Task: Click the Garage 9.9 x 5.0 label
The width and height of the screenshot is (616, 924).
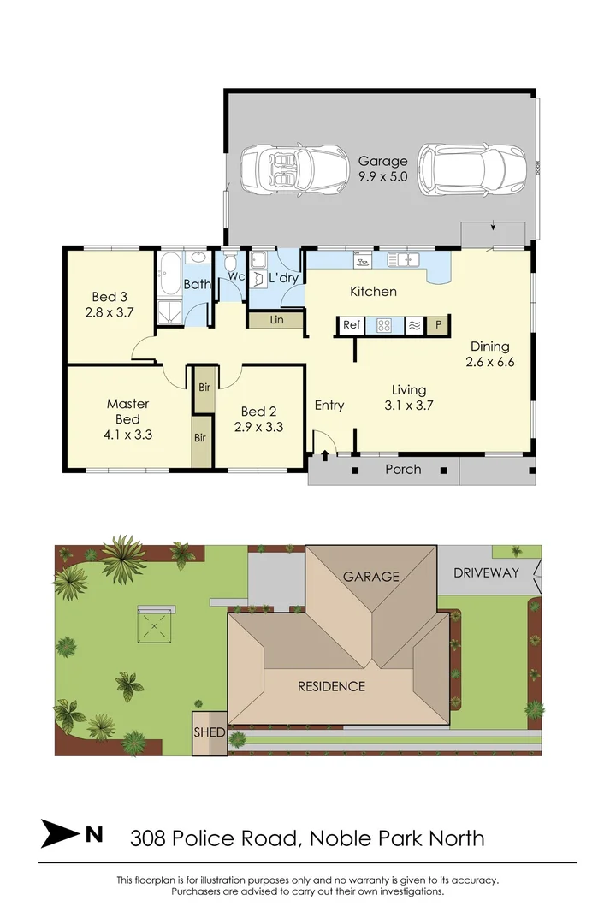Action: click(x=382, y=170)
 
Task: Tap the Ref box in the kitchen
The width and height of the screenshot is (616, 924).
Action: click(x=352, y=325)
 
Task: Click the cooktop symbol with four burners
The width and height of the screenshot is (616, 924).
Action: click(x=384, y=325)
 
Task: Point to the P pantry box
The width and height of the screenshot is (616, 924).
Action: click(x=438, y=325)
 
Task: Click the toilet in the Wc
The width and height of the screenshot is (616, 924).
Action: click(x=229, y=266)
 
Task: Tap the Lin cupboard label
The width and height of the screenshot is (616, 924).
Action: click(x=275, y=320)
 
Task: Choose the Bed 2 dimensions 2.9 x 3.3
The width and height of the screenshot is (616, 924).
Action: click(x=258, y=427)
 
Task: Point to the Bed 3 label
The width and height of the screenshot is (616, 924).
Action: click(x=109, y=297)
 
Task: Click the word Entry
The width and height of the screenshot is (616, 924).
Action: click(x=329, y=405)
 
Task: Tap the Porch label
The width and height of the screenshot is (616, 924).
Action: click(x=403, y=470)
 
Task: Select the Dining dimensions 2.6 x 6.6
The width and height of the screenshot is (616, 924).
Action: click(x=489, y=362)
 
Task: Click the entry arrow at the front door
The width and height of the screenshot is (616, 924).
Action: click(x=324, y=456)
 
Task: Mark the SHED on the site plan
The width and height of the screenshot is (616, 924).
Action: click(x=209, y=733)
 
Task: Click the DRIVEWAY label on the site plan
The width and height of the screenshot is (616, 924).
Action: click(x=486, y=572)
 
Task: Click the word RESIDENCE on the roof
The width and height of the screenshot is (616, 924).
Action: click(x=331, y=686)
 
